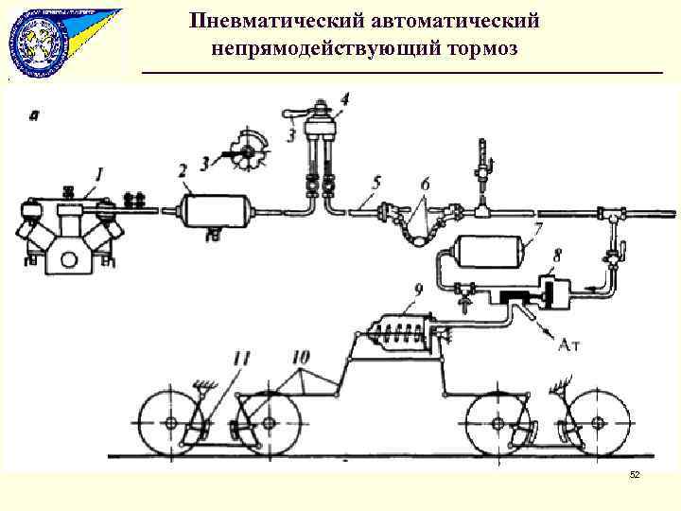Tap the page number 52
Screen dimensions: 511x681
[x=635, y=474]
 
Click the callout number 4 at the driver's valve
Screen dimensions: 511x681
[x=343, y=97]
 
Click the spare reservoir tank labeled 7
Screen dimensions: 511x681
[x=488, y=251]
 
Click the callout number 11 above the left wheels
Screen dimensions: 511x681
[x=242, y=357]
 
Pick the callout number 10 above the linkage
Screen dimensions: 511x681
[x=301, y=357]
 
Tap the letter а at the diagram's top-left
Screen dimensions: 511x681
[x=35, y=116]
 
